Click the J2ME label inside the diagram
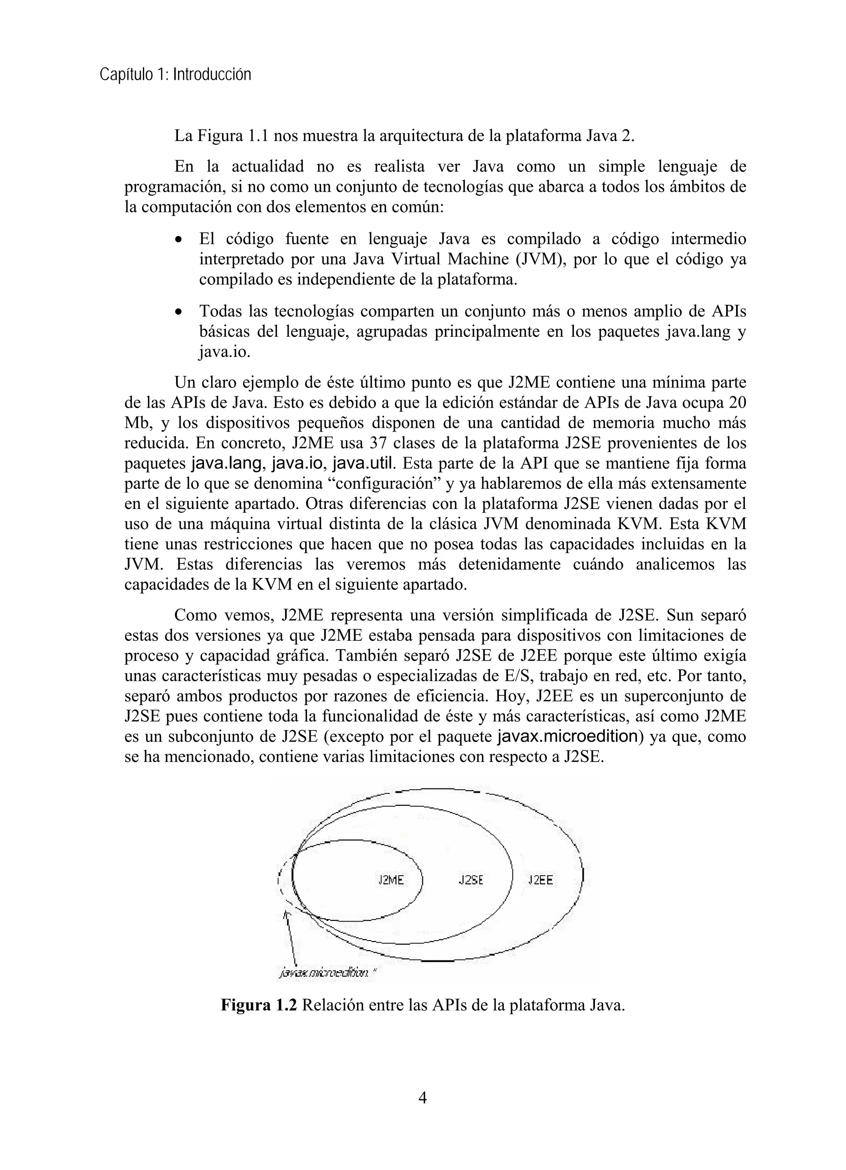point(391,880)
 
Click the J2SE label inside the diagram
point(471,880)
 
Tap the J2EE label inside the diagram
point(540,880)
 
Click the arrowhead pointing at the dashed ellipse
point(287,914)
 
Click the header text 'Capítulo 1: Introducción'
point(175,75)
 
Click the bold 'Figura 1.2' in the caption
point(259,1005)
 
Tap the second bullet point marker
point(178,313)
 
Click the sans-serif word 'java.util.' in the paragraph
point(365,463)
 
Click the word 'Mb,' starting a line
point(138,423)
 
